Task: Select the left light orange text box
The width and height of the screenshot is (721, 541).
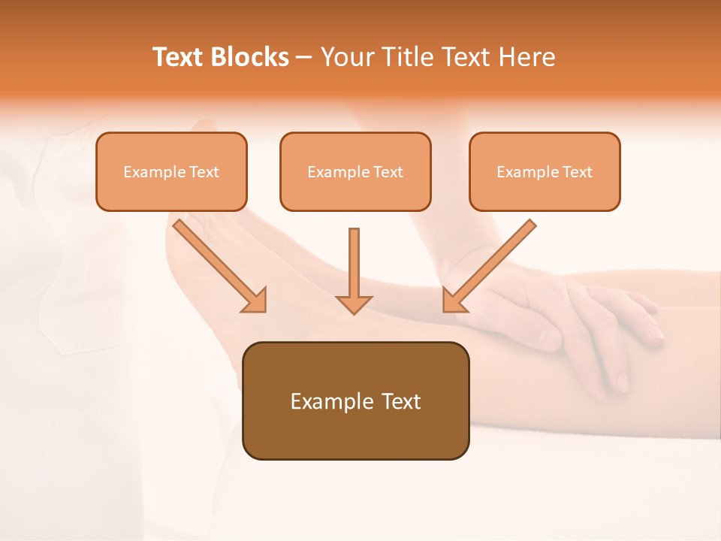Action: (171, 171)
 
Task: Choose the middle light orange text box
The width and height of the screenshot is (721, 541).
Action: (355, 171)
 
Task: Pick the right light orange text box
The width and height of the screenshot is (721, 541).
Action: (545, 171)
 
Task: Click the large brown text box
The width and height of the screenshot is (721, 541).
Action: (355, 400)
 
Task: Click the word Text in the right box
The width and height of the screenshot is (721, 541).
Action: (578, 172)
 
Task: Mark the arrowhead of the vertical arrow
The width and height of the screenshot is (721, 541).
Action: (354, 304)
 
